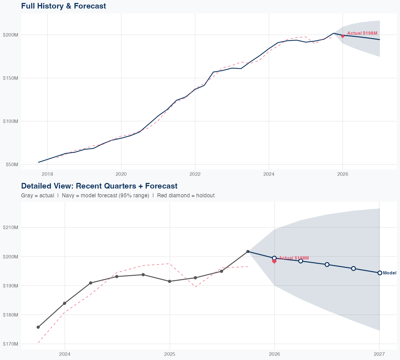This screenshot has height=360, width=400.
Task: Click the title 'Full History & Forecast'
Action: click(63, 6)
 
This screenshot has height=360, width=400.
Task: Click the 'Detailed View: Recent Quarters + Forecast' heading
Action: click(99, 186)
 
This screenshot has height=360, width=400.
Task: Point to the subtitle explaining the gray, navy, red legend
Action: click(118, 195)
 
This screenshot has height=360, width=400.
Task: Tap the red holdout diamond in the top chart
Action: click(343, 36)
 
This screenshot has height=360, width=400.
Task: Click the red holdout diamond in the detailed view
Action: click(274, 261)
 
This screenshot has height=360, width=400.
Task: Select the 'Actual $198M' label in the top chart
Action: click(362, 33)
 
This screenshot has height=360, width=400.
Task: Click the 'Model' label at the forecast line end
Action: click(390, 273)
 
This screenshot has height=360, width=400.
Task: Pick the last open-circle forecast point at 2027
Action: click(380, 273)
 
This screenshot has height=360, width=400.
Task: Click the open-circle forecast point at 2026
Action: click(274, 258)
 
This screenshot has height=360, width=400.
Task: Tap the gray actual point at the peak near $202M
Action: click(248, 251)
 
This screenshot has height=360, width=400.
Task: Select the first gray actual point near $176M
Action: click(38, 327)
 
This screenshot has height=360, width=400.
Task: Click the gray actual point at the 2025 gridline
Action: click(170, 281)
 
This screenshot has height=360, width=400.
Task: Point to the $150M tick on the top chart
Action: click(10, 78)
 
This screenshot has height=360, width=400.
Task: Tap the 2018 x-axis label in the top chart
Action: click(47, 174)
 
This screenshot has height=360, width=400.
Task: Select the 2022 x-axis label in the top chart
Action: click(195, 174)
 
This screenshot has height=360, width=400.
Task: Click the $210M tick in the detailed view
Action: click(10, 227)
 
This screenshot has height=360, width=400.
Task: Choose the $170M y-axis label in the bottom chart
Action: click(10, 344)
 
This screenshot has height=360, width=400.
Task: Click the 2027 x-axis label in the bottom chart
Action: click(379, 354)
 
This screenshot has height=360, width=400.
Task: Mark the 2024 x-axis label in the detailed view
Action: click(65, 354)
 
